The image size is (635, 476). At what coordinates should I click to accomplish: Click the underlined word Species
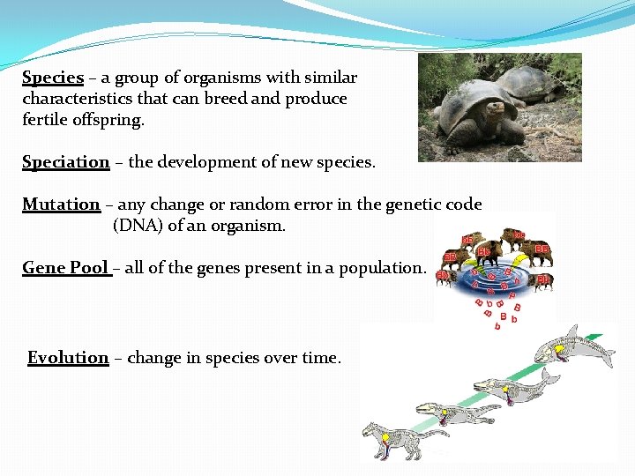pyautogui.click(x=53, y=78)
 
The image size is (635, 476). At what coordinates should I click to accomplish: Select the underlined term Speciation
pyautogui.click(x=65, y=162)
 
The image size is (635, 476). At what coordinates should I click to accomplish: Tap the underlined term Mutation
pyautogui.click(x=61, y=205)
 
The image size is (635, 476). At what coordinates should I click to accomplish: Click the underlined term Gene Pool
pyautogui.click(x=66, y=268)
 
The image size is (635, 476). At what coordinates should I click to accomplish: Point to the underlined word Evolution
pyautogui.click(x=68, y=358)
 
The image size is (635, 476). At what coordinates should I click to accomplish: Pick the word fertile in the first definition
pyautogui.click(x=45, y=120)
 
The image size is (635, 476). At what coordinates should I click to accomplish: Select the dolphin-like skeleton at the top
pyautogui.click(x=573, y=348)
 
